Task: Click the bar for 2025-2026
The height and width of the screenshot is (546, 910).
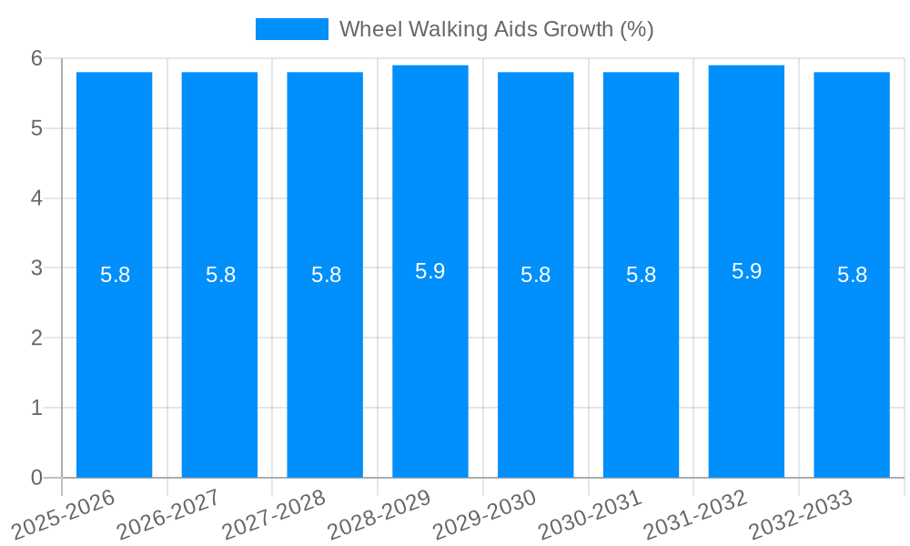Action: (114, 364)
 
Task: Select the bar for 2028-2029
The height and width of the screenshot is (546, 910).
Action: (430, 364)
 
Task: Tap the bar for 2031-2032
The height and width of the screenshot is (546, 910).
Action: (746, 364)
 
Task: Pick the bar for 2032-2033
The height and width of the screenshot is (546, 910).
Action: (852, 364)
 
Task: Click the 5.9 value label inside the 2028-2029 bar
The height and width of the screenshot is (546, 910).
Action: (430, 271)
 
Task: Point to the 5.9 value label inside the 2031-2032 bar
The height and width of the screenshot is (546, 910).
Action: (746, 271)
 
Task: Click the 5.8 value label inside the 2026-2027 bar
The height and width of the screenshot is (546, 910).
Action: (220, 275)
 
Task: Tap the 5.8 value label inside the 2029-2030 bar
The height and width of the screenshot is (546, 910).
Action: (536, 275)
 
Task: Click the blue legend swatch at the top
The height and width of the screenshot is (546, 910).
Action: (291, 29)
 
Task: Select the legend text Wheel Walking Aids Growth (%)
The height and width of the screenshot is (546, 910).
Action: (496, 29)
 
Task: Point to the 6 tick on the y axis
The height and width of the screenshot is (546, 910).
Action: (36, 58)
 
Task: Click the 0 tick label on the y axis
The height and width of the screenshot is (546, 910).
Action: (36, 478)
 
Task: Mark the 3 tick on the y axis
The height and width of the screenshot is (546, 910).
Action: (36, 268)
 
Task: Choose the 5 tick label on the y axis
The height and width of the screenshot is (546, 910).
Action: (36, 128)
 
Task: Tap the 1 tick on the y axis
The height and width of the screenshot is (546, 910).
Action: (36, 408)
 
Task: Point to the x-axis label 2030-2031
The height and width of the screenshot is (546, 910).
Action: (592, 513)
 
